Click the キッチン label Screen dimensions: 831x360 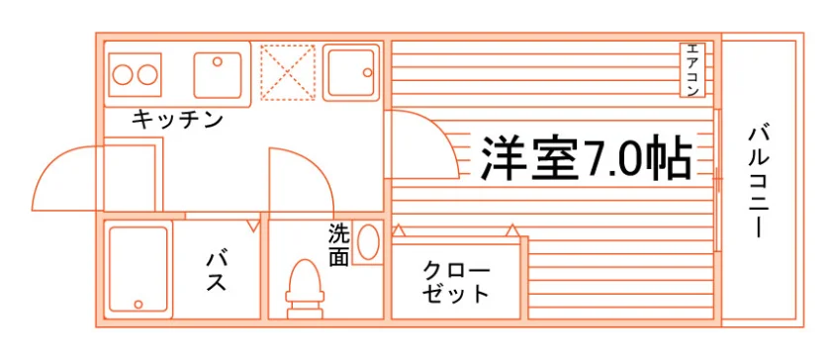point(177,121)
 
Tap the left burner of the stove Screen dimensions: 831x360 point(123,75)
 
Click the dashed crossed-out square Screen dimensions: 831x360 point(288,72)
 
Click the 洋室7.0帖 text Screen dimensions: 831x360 point(586,158)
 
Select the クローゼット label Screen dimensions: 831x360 point(456,283)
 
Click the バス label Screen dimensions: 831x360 point(217,271)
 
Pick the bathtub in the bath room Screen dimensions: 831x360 point(138,270)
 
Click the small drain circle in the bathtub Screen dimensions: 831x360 point(138,305)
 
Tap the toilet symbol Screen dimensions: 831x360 point(305,289)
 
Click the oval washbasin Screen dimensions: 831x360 point(368,241)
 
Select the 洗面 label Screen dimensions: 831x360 point(338,245)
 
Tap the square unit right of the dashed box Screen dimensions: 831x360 point(351,72)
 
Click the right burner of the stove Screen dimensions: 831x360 point(147,75)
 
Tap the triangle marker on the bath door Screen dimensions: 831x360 point(254,225)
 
